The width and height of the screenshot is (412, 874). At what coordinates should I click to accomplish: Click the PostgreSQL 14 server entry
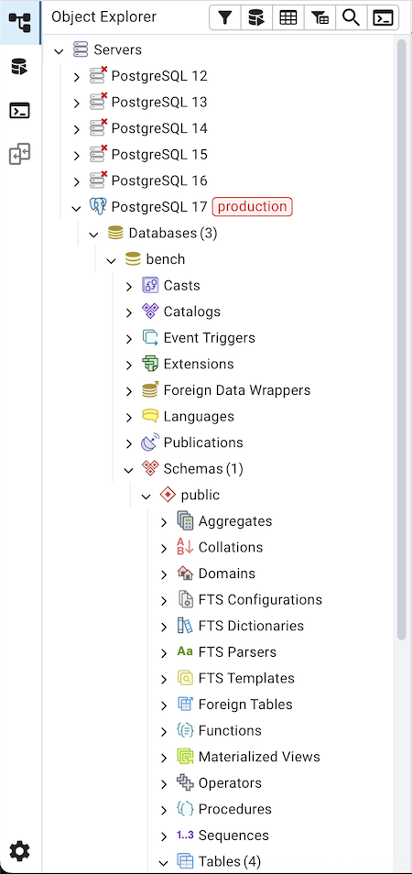(158, 128)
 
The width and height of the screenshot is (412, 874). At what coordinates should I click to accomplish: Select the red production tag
(252, 207)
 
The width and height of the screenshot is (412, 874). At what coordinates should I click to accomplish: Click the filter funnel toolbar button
(225, 17)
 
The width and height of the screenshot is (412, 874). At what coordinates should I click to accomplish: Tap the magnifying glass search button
(351, 17)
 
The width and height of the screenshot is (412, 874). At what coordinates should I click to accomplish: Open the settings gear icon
(19, 851)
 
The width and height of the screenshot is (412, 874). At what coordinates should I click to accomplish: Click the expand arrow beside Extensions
(128, 365)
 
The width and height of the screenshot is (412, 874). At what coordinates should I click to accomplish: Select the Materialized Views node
(259, 757)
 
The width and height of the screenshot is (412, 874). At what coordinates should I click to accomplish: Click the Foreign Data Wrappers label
(236, 390)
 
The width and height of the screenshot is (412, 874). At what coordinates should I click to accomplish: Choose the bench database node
(165, 259)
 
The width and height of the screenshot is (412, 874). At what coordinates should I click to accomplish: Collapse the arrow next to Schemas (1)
(128, 469)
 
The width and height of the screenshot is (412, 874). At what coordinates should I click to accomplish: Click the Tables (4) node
(229, 861)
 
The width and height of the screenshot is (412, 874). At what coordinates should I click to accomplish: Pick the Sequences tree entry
(233, 836)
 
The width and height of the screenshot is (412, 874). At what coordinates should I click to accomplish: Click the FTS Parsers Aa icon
(185, 652)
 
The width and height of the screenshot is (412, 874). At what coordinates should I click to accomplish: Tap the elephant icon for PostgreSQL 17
(98, 207)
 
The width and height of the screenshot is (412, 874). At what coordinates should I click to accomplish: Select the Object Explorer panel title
(103, 16)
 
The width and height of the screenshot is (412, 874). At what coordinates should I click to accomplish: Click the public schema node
(200, 495)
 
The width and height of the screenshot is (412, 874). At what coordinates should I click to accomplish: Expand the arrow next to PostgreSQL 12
(76, 77)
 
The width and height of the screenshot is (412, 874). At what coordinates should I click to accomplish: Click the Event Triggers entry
(209, 338)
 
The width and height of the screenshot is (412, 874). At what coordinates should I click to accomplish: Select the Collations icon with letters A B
(185, 547)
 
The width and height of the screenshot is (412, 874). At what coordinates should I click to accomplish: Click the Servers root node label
(117, 49)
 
